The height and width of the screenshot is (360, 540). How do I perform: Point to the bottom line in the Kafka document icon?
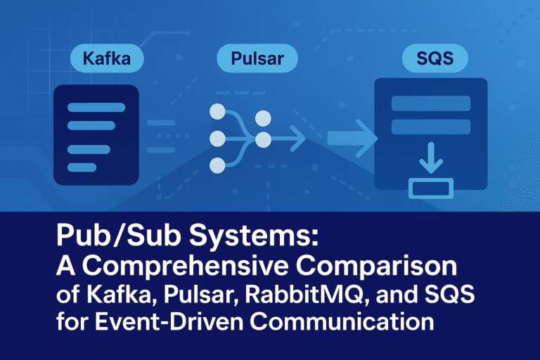[x=82, y=167]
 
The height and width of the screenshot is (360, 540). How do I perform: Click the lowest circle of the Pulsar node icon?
[x=218, y=166]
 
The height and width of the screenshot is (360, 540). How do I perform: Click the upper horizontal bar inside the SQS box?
[x=430, y=103]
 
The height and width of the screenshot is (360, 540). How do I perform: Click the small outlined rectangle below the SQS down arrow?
[x=431, y=188]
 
